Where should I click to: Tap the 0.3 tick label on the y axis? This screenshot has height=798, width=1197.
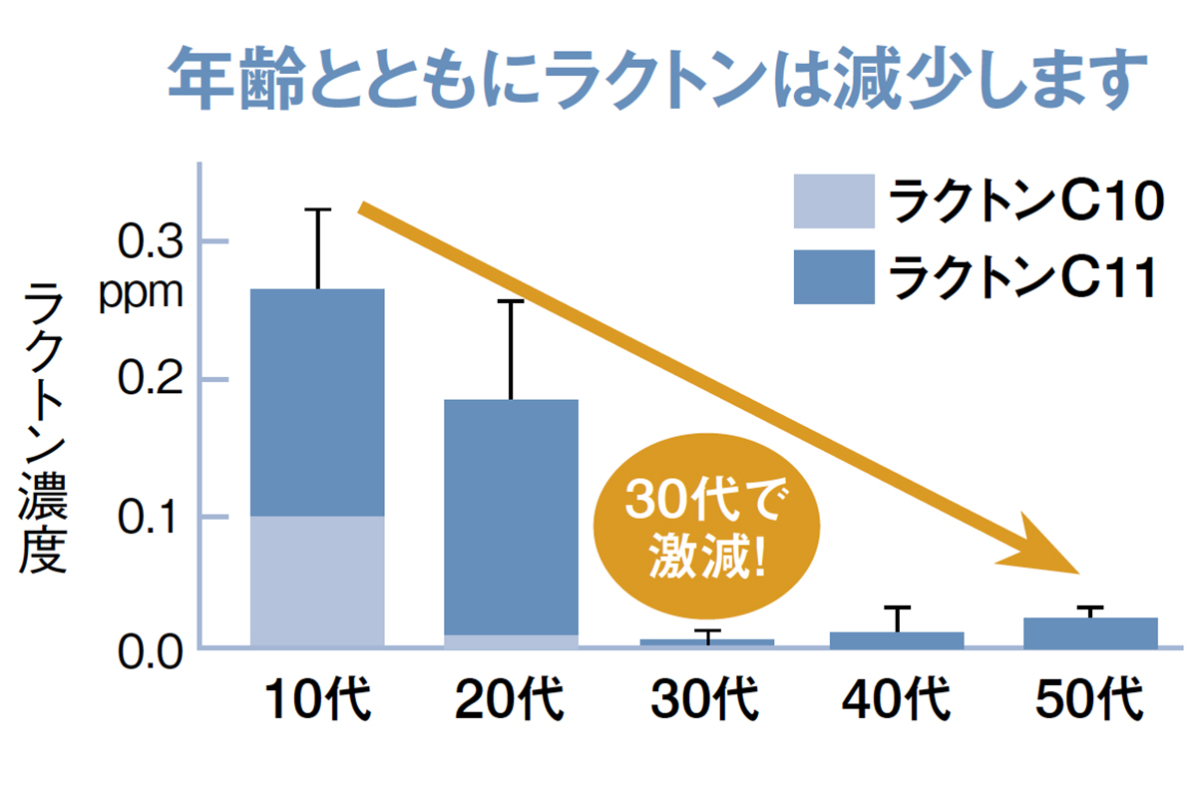(x=148, y=242)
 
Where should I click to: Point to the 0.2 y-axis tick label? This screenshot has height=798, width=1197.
(x=148, y=380)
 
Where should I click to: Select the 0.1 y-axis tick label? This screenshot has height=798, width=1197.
(x=148, y=518)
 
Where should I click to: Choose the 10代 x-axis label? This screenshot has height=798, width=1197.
(x=317, y=701)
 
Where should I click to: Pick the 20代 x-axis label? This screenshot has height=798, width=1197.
(x=510, y=701)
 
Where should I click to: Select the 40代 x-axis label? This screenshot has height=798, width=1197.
(x=897, y=701)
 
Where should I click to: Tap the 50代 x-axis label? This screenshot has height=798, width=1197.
(x=1089, y=701)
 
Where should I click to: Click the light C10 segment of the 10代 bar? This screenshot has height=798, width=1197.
(x=317, y=582)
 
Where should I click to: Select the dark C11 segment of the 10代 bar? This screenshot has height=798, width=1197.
(x=317, y=402)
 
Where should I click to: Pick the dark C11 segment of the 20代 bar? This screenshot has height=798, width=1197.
(x=511, y=516)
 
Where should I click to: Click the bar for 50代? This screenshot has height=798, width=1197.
(x=1090, y=632)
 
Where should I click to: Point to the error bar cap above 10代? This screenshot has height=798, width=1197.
(x=317, y=209)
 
